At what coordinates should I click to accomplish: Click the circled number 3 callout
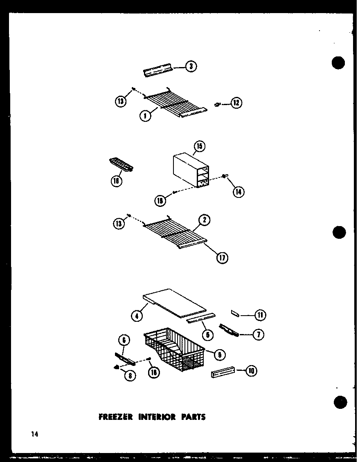click(191, 66)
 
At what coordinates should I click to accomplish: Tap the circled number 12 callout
click(236, 103)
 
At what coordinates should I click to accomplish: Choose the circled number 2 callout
click(205, 220)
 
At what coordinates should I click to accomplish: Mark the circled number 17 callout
click(223, 258)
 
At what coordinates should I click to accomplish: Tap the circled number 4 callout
click(137, 315)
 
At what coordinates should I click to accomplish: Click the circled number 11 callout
click(260, 315)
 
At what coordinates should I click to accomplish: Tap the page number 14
click(34, 434)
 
